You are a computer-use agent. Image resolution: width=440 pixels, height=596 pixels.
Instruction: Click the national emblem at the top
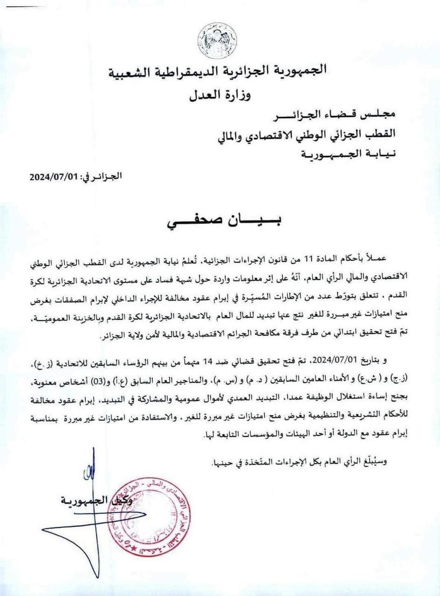(218, 41)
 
